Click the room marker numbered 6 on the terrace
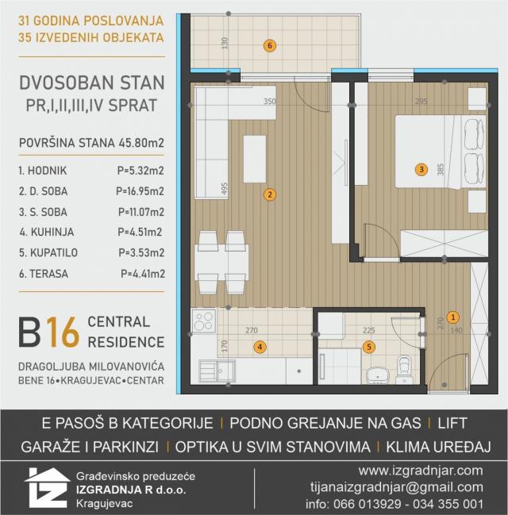269,46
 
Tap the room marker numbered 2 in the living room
270,194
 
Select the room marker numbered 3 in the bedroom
421,170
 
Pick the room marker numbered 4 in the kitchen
260,347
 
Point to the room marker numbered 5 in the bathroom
369,347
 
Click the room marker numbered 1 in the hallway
453,317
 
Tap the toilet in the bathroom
403,369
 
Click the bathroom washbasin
378,376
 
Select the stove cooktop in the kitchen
204,321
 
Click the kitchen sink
217,371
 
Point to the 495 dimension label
224,189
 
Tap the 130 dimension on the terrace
225,44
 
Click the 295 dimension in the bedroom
421,101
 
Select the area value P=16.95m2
140,191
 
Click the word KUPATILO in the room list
54,252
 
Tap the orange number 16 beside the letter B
63,332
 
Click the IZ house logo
48,488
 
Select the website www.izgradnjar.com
421,471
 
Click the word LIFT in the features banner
452,423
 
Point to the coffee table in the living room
255,159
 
